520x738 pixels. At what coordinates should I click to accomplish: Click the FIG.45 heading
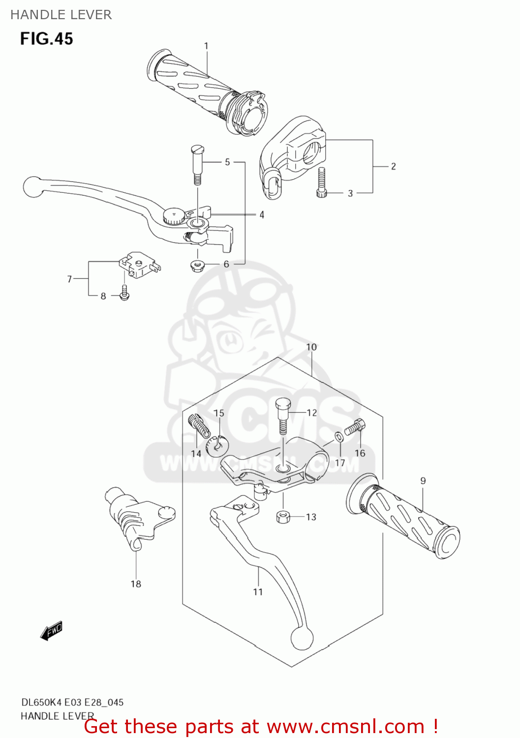coord(46,38)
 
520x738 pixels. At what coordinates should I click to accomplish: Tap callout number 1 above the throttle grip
coord(206,46)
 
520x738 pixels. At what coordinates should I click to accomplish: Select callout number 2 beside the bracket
coord(393,166)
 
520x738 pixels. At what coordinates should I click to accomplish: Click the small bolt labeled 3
coord(322,182)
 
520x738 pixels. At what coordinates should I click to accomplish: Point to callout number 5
coord(227,162)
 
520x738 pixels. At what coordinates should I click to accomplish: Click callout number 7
coord(69,279)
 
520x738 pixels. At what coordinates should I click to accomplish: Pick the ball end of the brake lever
coord(33,187)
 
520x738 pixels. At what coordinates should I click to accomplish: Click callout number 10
coord(311,347)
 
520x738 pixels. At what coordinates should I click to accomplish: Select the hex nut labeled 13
coord(283,517)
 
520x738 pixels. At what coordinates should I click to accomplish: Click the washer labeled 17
coord(339,437)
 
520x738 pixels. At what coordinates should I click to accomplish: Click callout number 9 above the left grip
coord(423,481)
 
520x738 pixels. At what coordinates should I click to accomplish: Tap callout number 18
coord(136,584)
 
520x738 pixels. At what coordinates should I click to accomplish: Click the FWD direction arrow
coord(52,631)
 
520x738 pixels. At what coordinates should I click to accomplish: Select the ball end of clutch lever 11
coord(302,638)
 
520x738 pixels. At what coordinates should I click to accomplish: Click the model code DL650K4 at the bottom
coord(44,702)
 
